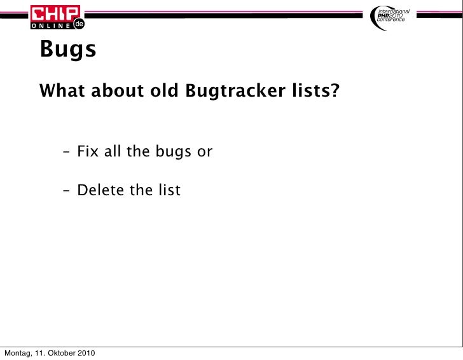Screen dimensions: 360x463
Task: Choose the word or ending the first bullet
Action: (x=205, y=153)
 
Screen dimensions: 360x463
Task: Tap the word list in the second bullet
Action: (x=169, y=190)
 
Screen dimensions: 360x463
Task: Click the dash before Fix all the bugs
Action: (x=67, y=153)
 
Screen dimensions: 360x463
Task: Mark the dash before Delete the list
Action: (x=67, y=191)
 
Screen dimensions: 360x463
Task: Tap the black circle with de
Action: (x=78, y=24)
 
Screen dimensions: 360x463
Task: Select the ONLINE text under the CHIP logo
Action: (x=51, y=25)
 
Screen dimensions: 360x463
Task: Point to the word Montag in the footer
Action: (x=18, y=353)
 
